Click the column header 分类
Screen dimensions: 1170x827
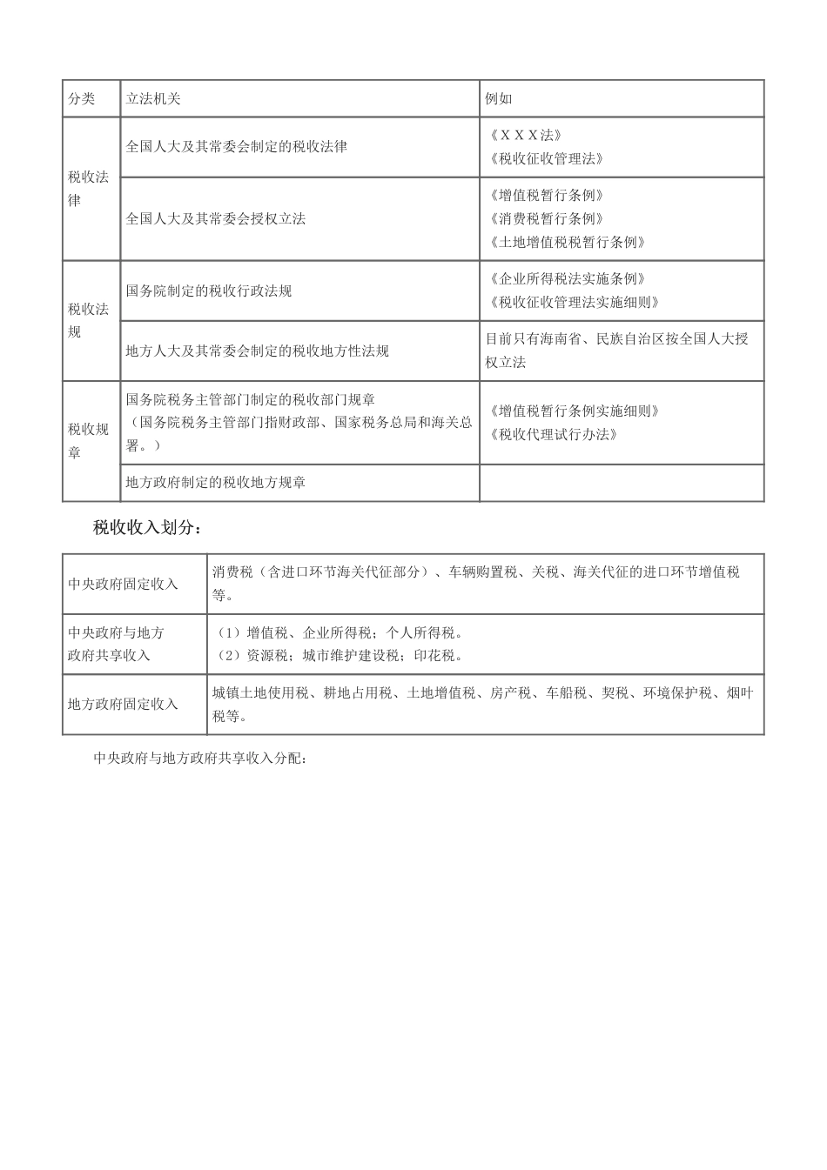click(x=82, y=99)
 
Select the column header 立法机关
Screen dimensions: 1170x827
click(x=153, y=99)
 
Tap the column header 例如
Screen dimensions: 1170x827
click(x=499, y=99)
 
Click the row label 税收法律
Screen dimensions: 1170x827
click(x=89, y=189)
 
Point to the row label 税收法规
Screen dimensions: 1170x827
click(x=89, y=321)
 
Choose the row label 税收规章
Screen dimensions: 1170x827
click(x=89, y=441)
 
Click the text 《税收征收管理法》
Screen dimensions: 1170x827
click(x=546, y=159)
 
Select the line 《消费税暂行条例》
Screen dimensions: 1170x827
click(x=546, y=219)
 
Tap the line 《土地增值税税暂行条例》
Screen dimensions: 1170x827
click(x=567, y=243)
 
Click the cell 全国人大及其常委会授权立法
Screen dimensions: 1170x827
click(x=216, y=219)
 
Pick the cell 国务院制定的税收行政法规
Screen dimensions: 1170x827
click(x=209, y=291)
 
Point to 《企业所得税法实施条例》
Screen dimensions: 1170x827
click(x=567, y=279)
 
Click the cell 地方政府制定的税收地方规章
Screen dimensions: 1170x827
click(x=216, y=483)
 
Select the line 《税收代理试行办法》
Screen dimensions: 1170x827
click(x=553, y=435)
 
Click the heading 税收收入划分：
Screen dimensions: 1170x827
click(x=147, y=528)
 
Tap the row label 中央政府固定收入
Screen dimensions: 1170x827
click(x=123, y=585)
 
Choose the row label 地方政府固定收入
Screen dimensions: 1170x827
click(x=123, y=705)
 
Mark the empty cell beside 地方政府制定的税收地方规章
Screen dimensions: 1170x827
click(x=621, y=483)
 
